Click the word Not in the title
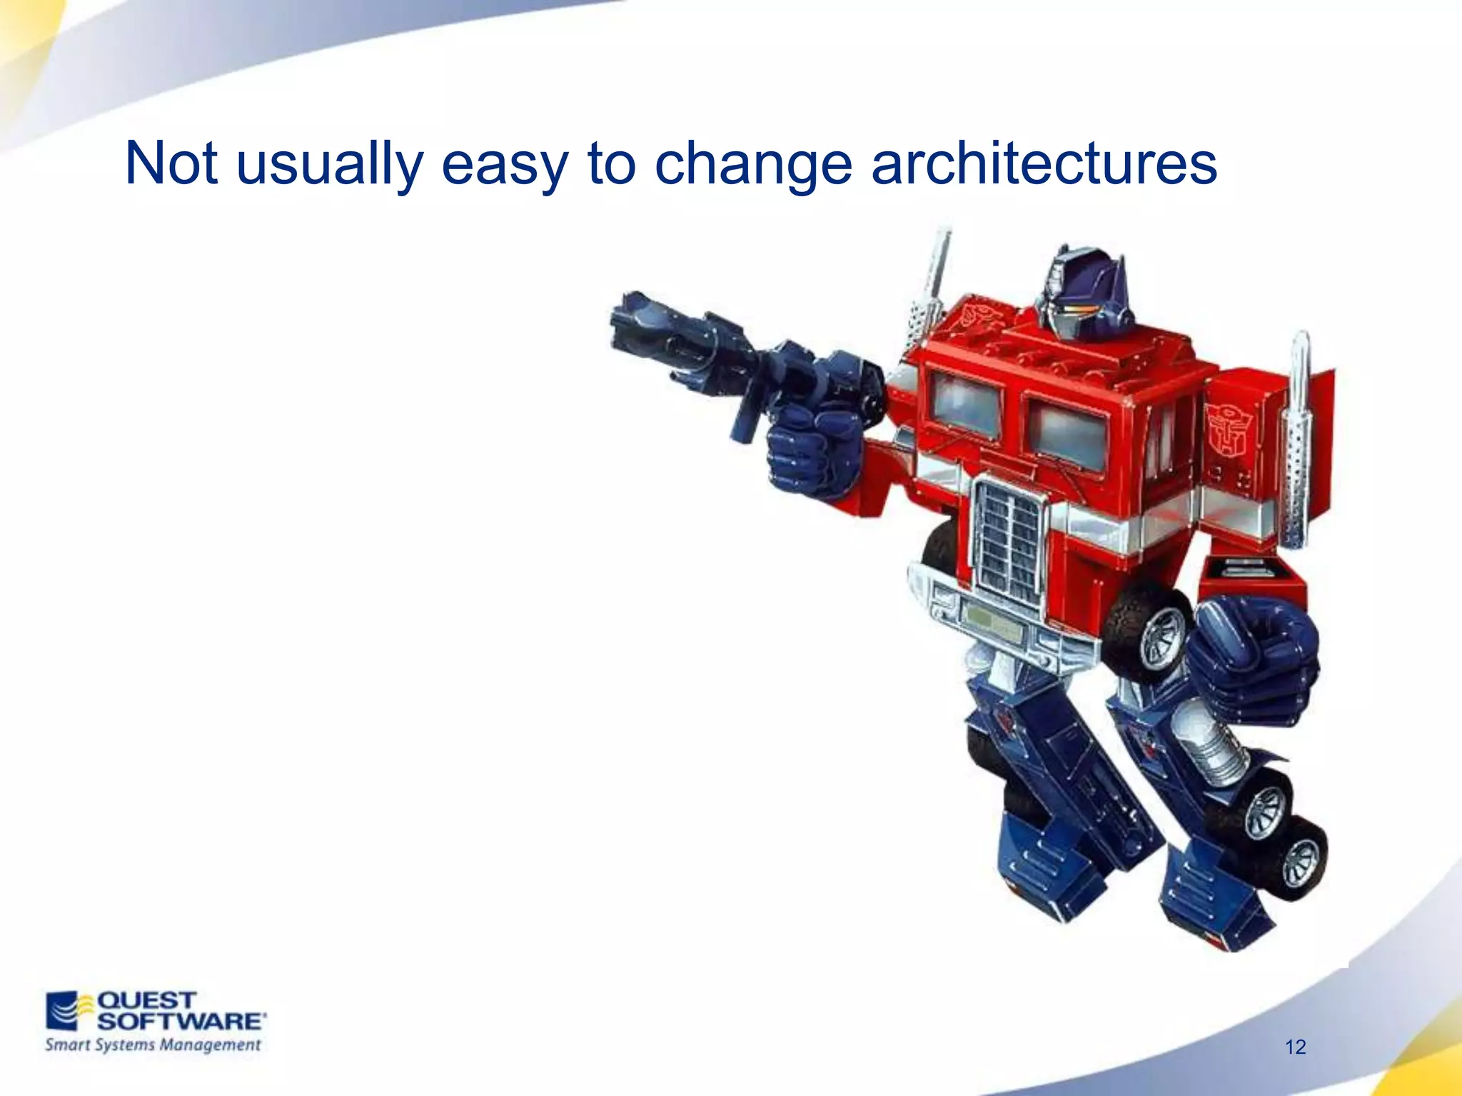[x=171, y=164]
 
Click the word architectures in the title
[x=1044, y=164]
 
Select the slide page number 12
[x=1295, y=1047]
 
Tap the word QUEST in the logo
[x=146, y=1000]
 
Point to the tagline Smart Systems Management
[x=153, y=1045]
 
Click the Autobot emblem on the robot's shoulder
[x=1229, y=431]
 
